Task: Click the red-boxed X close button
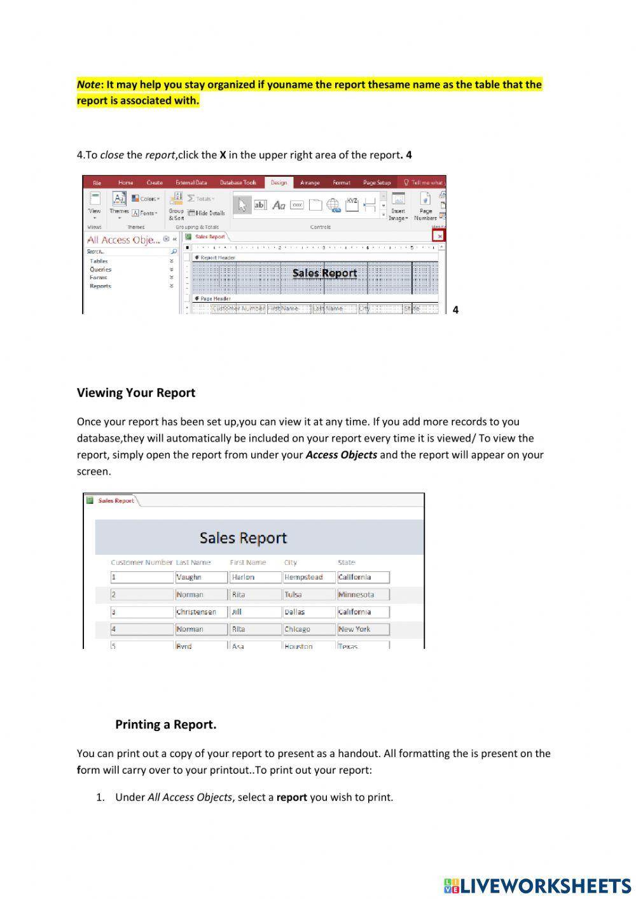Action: coord(439,236)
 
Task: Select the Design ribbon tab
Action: coord(279,183)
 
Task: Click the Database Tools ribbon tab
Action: coord(238,183)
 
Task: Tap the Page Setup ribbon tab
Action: coord(377,183)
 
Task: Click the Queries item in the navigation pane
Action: coord(100,269)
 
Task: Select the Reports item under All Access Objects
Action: coord(100,286)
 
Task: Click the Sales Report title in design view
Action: coord(324,273)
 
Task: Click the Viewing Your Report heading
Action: coord(135,393)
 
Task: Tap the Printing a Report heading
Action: coord(165,724)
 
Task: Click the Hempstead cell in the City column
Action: coord(304,577)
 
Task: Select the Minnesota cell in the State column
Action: coord(356,594)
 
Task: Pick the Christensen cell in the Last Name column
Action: coord(196,611)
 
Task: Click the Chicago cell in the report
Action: coord(298,629)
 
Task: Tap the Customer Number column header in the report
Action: coord(141,562)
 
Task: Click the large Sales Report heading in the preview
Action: coord(243,538)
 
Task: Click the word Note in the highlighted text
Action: coord(88,85)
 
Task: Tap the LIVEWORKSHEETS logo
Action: coord(537,886)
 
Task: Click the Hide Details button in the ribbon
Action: coord(207,213)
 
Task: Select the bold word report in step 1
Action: coord(291,797)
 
